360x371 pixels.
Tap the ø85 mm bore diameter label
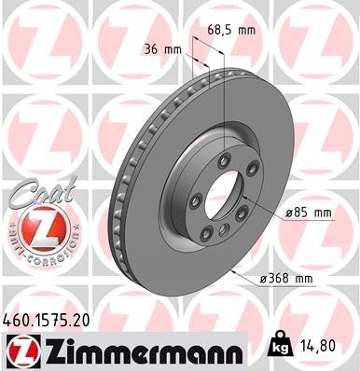point(309,213)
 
